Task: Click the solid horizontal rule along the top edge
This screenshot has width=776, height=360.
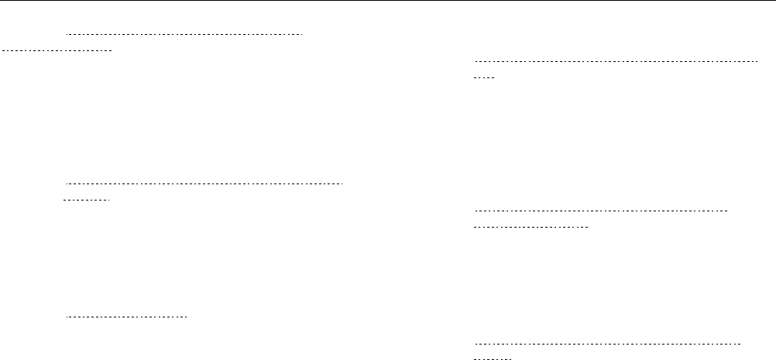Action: pos(387,1)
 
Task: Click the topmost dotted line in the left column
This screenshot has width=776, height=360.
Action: pos(184,35)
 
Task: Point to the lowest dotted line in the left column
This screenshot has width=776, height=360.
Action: pos(127,317)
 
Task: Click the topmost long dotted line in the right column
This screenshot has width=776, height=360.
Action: pos(616,60)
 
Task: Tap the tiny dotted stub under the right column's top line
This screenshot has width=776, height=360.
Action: pos(484,78)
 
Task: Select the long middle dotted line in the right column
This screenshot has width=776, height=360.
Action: pos(602,211)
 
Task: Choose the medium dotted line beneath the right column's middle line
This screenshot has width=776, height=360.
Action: pos(531,228)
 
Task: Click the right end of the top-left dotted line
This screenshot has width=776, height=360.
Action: pos(301,35)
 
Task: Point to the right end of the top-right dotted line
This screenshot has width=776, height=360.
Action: pos(757,60)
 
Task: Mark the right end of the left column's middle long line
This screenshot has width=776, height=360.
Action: pos(342,184)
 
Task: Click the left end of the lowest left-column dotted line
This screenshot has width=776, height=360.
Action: pos(67,317)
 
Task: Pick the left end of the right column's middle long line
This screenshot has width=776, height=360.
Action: pos(474,211)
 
